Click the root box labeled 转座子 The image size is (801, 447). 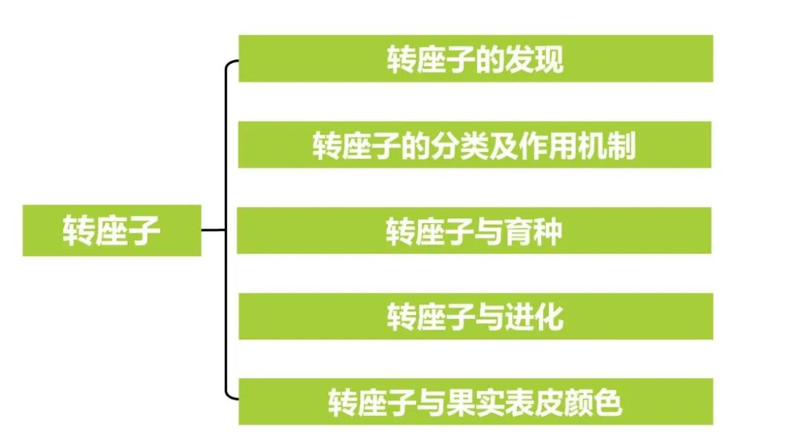tap(111, 230)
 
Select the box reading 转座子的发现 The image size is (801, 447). tap(475, 59)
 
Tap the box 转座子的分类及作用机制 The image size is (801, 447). tap(475, 145)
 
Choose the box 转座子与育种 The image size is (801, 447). tap(475, 231)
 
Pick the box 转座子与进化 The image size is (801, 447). tap(475, 317)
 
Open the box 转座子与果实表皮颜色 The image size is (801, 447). tap(475, 402)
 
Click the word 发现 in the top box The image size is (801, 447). tap(534, 59)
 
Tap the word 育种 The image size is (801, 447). tap(534, 231)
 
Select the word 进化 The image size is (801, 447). tap(534, 317)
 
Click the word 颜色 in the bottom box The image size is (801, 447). tap(593, 403)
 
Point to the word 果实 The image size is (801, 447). tap(474, 403)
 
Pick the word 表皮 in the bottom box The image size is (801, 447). tap(534, 403)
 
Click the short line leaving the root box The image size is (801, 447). tap(212, 230)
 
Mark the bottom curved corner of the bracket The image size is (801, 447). tap(228, 397)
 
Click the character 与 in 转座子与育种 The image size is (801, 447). tap(489, 231)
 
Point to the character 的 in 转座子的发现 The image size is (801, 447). tap(489, 59)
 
